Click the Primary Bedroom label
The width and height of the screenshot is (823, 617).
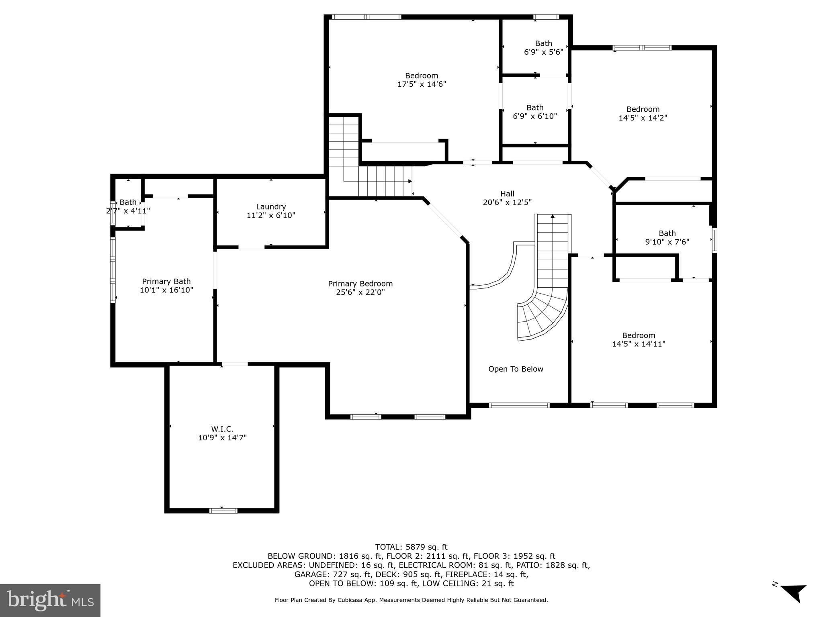coord(360,284)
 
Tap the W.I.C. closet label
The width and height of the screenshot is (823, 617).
coord(222,429)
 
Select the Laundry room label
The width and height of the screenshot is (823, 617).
coord(271,206)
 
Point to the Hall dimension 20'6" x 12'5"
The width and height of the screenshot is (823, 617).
coord(507,202)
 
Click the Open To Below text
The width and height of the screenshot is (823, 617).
coord(516,369)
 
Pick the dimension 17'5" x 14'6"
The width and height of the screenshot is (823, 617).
coord(422,84)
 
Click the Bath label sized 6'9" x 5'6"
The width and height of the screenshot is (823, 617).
coord(543,43)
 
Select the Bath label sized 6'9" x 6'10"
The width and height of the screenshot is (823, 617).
coord(535,108)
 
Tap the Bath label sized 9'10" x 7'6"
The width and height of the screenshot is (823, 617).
coord(667,233)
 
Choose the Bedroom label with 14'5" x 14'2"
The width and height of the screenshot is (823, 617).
coord(643,109)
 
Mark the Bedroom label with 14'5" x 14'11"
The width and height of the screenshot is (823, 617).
coord(639,335)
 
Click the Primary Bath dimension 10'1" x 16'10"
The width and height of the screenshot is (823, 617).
coord(166,290)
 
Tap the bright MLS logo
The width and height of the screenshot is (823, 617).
coord(50,600)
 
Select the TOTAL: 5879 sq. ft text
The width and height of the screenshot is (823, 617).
coord(411,547)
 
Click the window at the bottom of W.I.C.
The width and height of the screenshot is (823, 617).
coord(223,511)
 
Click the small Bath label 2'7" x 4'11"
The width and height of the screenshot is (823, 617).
coord(128,202)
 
